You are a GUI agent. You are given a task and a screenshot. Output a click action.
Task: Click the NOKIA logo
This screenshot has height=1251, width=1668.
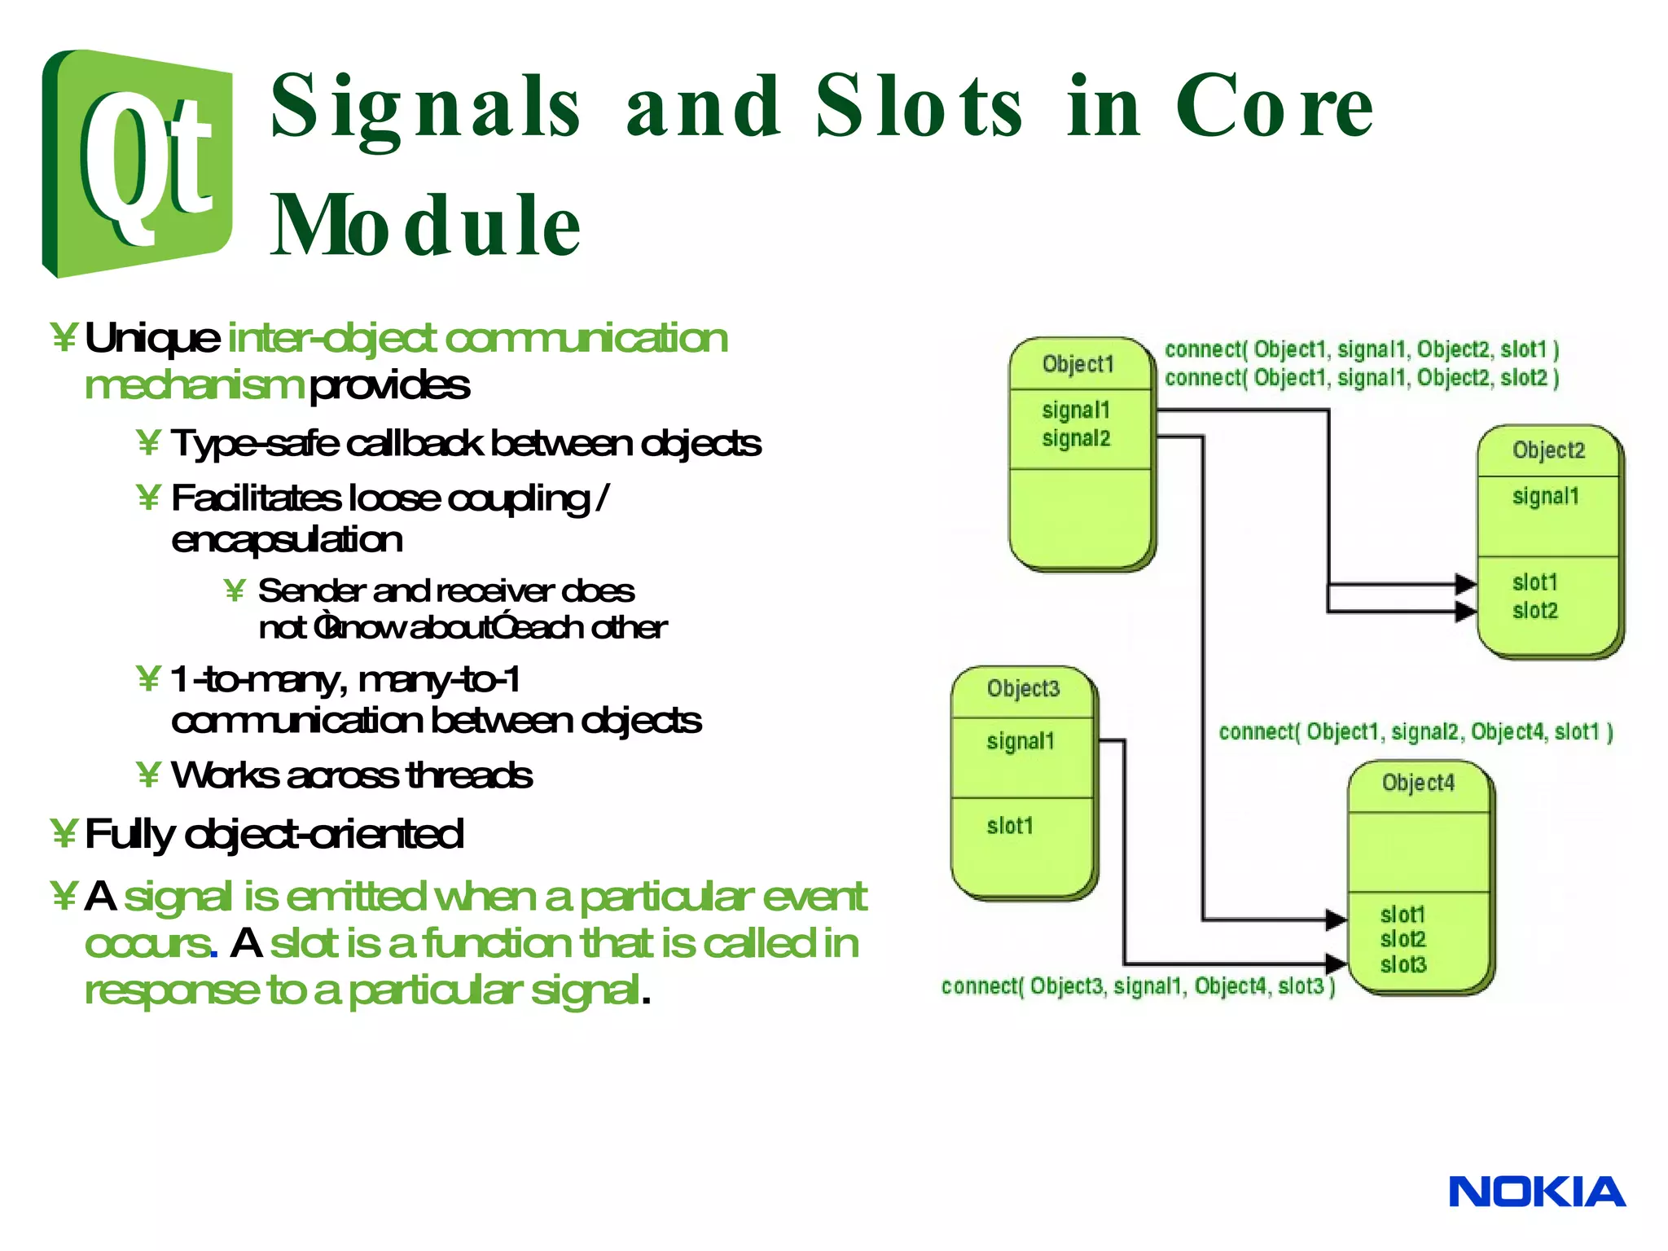pyautogui.click(x=1536, y=1192)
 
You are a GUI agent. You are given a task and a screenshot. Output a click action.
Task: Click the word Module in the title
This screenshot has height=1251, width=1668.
pyautogui.click(x=425, y=226)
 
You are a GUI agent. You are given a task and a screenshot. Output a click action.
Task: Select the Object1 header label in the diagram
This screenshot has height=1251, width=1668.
pyautogui.click(x=1078, y=364)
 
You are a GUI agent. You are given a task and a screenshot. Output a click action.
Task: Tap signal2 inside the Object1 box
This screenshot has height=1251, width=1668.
pyautogui.click(x=1076, y=438)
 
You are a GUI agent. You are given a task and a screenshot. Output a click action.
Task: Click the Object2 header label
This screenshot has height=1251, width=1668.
pyautogui.click(x=1548, y=450)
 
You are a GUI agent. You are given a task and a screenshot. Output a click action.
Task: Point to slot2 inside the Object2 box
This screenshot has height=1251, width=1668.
pyautogui.click(x=1535, y=611)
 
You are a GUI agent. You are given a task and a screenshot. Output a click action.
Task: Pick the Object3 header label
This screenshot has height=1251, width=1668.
pyautogui.click(x=1023, y=689)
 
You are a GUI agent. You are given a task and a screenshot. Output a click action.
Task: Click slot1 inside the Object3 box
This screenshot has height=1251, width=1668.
pyautogui.click(x=1010, y=826)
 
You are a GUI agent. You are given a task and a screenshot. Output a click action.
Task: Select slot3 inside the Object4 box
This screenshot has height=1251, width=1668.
pyautogui.click(x=1403, y=964)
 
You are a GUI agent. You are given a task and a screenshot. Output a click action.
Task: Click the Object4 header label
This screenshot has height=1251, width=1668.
pyautogui.click(x=1418, y=783)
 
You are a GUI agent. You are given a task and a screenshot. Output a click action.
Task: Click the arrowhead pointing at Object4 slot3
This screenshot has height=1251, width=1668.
pyautogui.click(x=1336, y=963)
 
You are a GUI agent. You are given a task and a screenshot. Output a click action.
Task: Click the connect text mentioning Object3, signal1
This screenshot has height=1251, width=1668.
pyautogui.click(x=1138, y=986)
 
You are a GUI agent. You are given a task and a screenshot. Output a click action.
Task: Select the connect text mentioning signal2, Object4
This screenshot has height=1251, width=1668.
pyautogui.click(x=1416, y=732)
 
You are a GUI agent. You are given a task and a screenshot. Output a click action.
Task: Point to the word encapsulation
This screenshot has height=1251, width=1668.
pyautogui.click(x=287, y=540)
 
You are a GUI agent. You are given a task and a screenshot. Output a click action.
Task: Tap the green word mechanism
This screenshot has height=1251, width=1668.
pyautogui.click(x=194, y=385)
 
